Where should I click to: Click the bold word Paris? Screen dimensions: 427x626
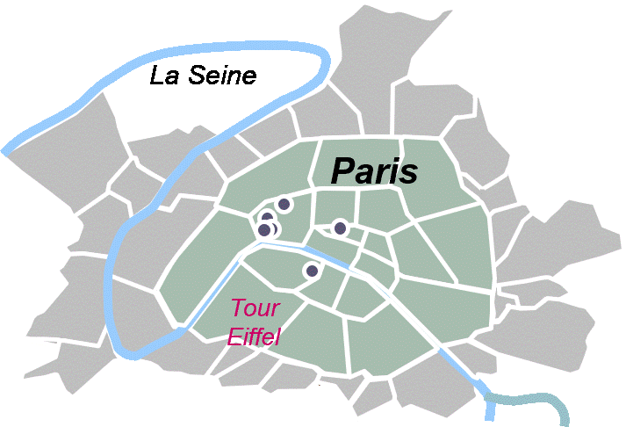(374, 170)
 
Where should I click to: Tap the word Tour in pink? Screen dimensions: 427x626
(255, 308)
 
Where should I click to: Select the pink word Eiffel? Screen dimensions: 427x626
(253, 336)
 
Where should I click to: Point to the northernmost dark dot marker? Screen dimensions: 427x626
(284, 204)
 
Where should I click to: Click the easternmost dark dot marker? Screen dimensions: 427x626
(340, 228)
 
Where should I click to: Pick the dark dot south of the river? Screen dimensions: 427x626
(311, 271)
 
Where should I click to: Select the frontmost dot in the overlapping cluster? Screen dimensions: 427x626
(264, 230)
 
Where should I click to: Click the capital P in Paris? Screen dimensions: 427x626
(343, 170)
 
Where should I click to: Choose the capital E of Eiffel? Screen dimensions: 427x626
(233, 336)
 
